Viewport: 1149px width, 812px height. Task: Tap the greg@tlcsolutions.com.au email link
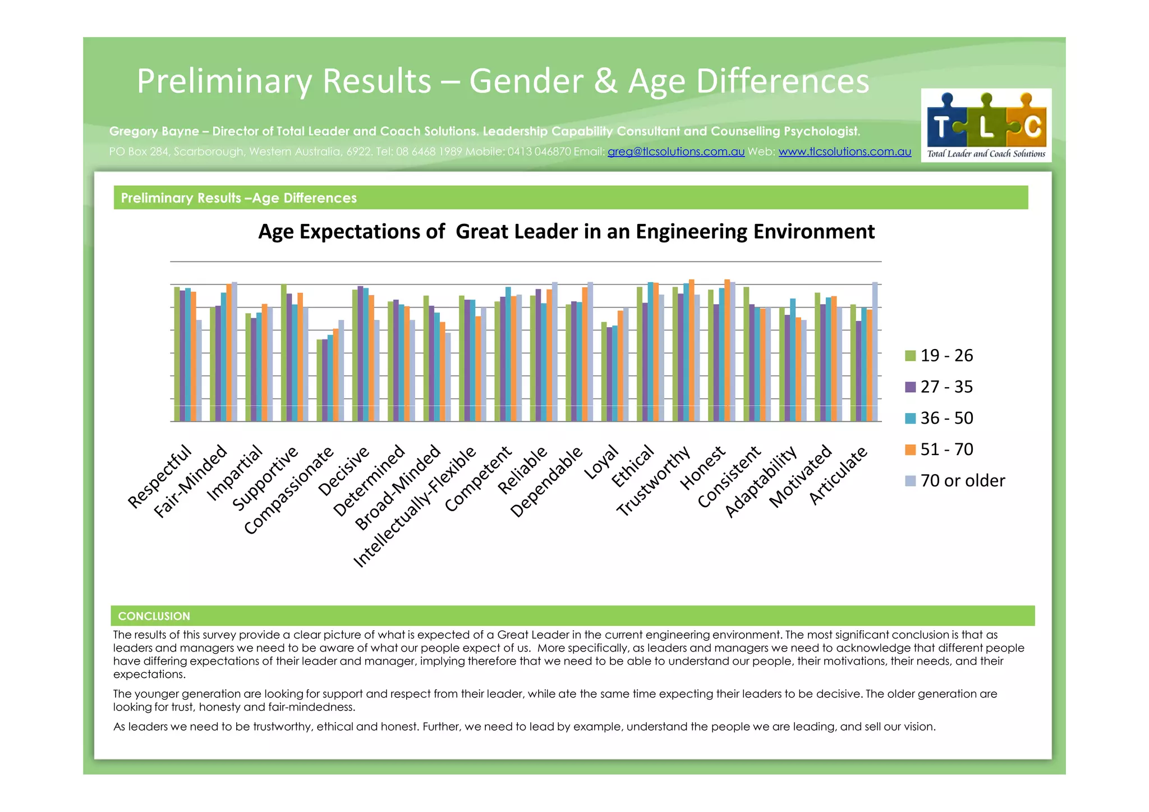(x=675, y=152)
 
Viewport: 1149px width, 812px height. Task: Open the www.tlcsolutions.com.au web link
(x=844, y=152)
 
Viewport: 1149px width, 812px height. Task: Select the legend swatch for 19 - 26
(x=910, y=356)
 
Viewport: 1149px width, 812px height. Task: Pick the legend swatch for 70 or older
(x=910, y=481)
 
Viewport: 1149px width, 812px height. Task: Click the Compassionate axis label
(x=289, y=490)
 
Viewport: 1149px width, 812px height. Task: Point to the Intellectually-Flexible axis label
(x=415, y=507)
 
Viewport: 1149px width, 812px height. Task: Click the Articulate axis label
(x=838, y=475)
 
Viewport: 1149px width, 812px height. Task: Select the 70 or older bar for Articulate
(x=875, y=351)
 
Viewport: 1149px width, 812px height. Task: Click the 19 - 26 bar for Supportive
(x=284, y=352)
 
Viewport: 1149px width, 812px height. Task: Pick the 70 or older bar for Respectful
(x=199, y=370)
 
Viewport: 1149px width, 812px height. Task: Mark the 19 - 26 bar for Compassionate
(x=319, y=380)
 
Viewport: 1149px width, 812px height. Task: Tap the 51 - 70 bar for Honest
(x=727, y=350)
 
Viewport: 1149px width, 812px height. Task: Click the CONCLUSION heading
(x=154, y=616)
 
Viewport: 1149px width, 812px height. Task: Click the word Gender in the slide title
(x=526, y=81)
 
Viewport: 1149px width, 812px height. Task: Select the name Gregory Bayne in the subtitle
(x=154, y=131)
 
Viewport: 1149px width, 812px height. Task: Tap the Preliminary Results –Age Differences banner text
(x=238, y=198)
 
